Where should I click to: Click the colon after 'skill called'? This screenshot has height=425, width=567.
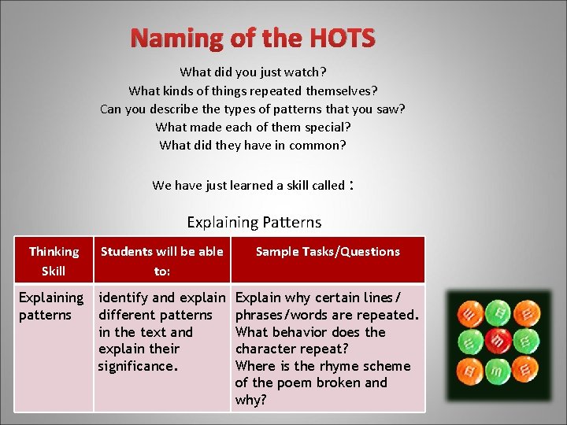click(352, 186)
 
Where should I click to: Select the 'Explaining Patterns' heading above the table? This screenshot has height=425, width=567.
click(254, 223)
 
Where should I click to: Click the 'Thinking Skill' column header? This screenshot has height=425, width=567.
click(54, 261)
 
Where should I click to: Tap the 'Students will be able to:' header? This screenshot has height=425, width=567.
click(161, 261)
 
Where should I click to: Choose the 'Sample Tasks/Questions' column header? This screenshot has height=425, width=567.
click(328, 252)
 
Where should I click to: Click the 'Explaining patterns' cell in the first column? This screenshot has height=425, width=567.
click(51, 306)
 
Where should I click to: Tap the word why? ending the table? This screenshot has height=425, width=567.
click(252, 400)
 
